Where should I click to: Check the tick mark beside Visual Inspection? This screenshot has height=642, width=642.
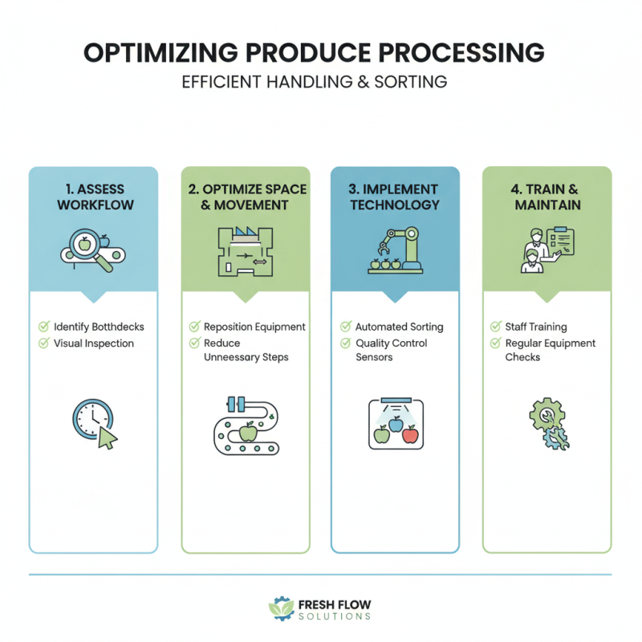click(x=44, y=343)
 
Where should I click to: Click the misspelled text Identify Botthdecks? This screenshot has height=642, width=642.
click(x=98, y=327)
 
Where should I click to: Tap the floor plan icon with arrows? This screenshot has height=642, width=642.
click(x=245, y=250)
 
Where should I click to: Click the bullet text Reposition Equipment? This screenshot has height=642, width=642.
click(x=254, y=327)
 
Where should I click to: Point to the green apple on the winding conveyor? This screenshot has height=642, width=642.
click(x=248, y=433)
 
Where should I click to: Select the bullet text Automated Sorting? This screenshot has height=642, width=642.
click(x=399, y=327)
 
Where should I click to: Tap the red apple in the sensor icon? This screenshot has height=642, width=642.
click(x=410, y=435)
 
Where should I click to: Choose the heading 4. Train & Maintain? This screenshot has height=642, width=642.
click(x=547, y=197)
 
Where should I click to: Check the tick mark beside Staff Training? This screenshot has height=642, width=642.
click(x=496, y=327)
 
